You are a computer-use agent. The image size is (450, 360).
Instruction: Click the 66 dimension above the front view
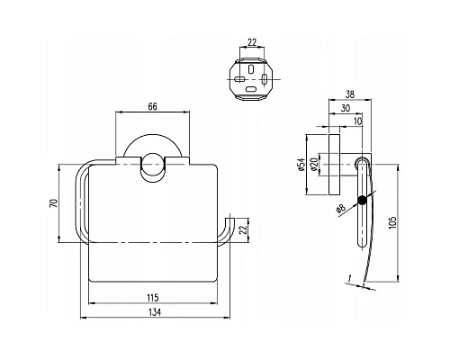[x=153, y=107]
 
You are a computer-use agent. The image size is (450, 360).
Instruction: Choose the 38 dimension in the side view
[x=350, y=92]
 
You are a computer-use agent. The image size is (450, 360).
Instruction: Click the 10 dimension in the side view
[x=357, y=122]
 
